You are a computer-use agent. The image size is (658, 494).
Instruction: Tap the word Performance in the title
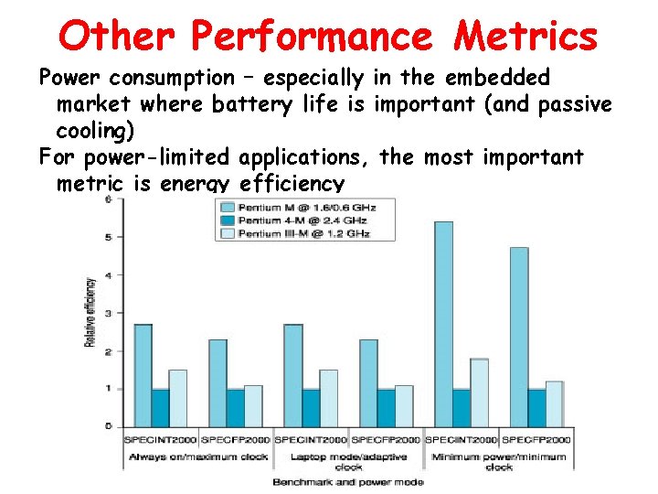(312, 36)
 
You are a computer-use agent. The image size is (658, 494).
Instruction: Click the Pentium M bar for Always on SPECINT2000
(143, 375)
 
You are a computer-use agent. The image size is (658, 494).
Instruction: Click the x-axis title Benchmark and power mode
(348, 480)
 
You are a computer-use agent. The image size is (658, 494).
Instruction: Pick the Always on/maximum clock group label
(198, 456)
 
